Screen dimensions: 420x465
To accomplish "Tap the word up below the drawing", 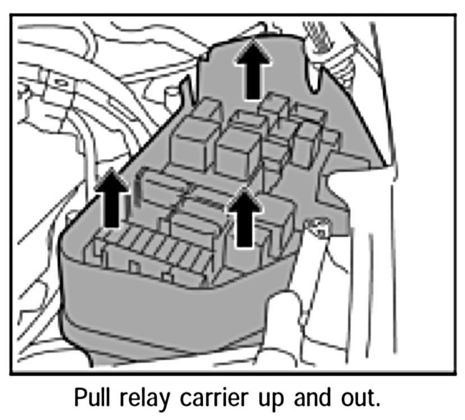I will coord(273,399).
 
